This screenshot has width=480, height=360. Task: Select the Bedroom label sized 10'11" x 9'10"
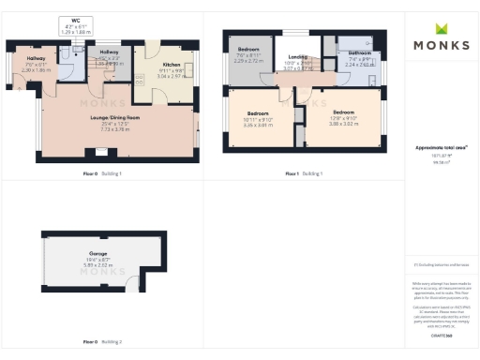[249, 118]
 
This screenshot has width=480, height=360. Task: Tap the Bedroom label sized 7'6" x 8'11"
[248, 52]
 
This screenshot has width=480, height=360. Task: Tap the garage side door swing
[135, 283]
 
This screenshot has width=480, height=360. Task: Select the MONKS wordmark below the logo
[442, 45]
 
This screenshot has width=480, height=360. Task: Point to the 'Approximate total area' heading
[442, 148]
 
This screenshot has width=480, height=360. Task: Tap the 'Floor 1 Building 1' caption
[304, 173]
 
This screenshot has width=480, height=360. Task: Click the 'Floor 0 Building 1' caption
[102, 173]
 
